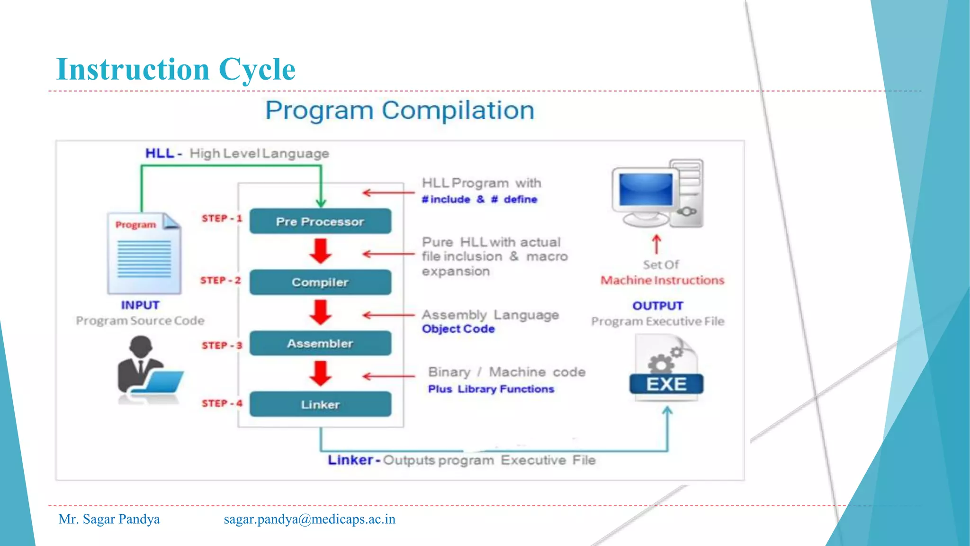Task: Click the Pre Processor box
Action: click(320, 221)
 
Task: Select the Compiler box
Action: click(320, 282)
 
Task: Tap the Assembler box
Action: click(320, 343)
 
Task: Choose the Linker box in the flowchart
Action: click(320, 404)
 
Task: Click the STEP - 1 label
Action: click(222, 218)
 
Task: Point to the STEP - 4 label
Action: click(222, 403)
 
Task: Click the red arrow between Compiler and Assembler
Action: click(321, 312)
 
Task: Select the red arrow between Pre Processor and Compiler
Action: click(321, 251)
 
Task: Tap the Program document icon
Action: click(144, 254)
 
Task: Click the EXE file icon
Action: click(666, 368)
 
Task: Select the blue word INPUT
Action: click(140, 305)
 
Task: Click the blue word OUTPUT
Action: click(657, 306)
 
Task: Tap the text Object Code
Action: click(458, 329)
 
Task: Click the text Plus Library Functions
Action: click(491, 389)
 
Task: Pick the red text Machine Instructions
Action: click(662, 281)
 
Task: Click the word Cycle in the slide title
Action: click(257, 69)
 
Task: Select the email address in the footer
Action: click(309, 519)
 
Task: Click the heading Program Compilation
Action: click(399, 110)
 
